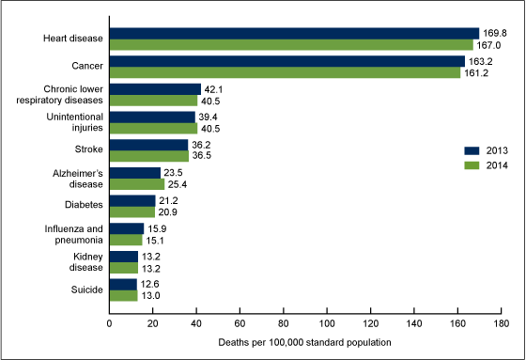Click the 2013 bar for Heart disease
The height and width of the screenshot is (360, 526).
click(294, 33)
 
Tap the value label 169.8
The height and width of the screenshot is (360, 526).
click(494, 33)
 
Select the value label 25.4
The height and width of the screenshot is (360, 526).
click(178, 183)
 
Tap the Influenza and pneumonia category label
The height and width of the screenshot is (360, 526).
click(77, 233)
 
